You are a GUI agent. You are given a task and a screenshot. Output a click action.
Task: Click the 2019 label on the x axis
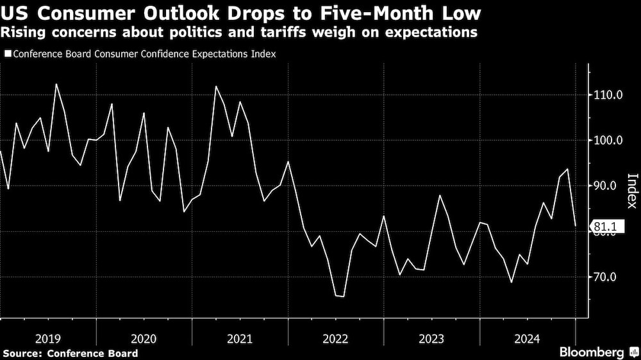(48, 338)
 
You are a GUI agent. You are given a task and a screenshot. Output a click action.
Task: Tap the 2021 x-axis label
(240, 338)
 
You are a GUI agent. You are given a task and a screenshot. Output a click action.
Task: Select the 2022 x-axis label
(336, 338)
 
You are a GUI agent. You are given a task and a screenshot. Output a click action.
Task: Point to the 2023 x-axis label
(431, 338)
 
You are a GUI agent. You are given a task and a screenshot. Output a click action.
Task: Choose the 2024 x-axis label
(527, 338)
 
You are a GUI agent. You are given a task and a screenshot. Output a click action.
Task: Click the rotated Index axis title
(631, 191)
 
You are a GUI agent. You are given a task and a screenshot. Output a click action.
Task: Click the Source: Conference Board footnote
(70, 353)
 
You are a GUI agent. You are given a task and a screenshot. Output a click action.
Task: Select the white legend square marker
(8, 54)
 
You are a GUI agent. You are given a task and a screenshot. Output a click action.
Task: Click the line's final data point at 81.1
(576, 226)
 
